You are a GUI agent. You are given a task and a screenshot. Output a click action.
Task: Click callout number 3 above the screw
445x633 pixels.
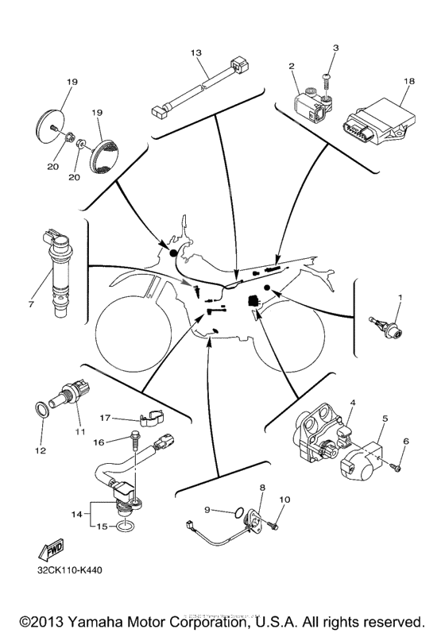[x=335, y=48]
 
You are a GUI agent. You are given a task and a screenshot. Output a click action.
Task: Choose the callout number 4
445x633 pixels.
[x=353, y=403]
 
